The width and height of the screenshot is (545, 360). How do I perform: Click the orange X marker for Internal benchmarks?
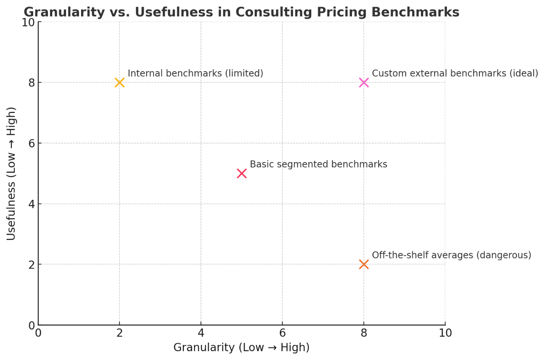pos(119,83)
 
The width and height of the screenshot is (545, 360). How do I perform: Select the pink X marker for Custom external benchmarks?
pos(364,83)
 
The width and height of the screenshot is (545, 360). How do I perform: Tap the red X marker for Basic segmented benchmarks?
pos(242,173)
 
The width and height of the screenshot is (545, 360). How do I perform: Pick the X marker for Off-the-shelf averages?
pos(364,264)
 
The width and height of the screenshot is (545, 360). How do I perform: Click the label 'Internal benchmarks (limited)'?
pos(195,74)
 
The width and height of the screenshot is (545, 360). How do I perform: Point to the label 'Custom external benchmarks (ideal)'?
pos(455,74)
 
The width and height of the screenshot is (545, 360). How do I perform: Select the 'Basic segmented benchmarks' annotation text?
pos(318,164)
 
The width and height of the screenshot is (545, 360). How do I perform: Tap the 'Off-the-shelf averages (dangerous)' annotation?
pos(451,255)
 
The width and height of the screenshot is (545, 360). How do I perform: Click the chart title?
pos(241,12)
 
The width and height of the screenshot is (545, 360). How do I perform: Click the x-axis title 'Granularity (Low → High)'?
pos(241,348)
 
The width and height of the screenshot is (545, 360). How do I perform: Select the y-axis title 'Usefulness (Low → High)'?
pos(11,173)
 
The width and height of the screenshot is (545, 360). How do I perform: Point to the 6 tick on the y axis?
pos(31,143)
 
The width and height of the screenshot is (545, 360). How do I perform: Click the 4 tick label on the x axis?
pos(201,333)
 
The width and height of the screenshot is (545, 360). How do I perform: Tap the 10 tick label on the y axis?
pos(28,23)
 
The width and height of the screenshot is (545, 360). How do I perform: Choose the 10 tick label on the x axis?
pos(445,333)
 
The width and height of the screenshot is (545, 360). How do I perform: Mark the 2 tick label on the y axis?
pos(31,265)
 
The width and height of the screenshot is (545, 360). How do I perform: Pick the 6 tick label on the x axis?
pos(282,333)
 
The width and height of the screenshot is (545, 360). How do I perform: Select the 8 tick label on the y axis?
pos(31,83)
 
